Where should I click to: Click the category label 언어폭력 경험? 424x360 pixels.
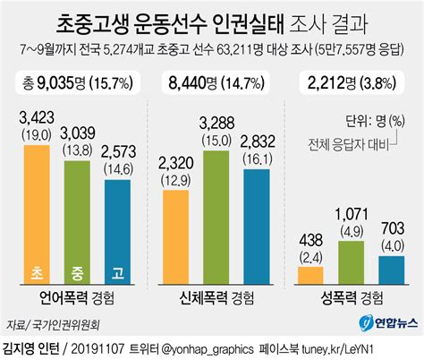coord(79,296)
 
